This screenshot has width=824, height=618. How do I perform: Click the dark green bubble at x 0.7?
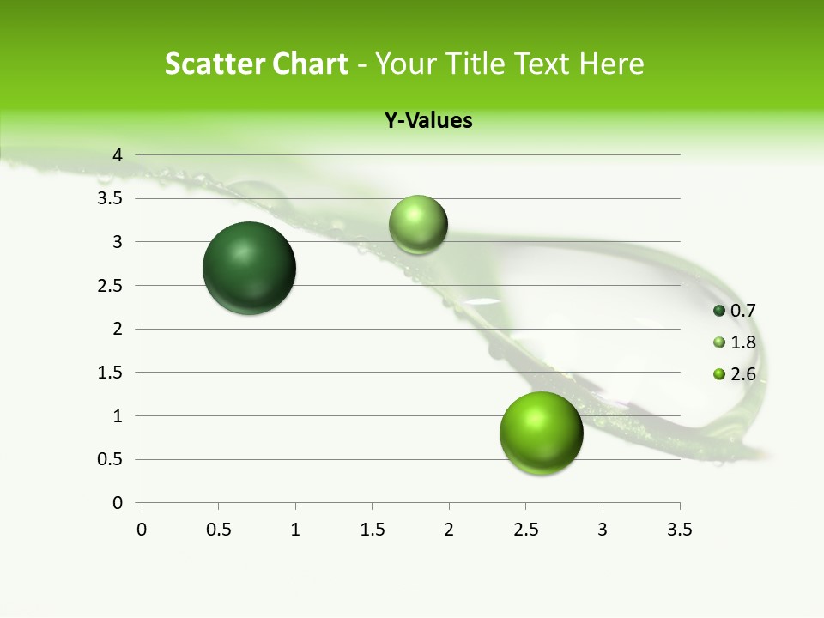click(249, 268)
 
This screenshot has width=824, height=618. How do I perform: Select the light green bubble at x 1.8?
click(418, 225)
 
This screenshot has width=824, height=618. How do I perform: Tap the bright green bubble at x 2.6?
click(541, 433)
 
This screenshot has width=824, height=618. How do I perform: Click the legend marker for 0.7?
click(719, 311)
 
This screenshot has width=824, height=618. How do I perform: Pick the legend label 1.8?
click(742, 342)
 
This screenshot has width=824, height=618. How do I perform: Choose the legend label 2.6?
click(742, 374)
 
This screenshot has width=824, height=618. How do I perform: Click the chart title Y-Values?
click(427, 121)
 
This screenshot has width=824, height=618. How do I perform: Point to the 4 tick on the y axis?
click(118, 155)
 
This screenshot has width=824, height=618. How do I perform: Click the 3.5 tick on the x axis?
click(679, 530)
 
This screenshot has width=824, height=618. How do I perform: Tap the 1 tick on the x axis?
click(295, 530)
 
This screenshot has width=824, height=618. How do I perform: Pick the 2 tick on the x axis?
click(449, 530)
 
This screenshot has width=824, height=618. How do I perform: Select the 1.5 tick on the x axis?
click(372, 530)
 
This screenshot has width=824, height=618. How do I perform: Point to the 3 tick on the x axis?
click(603, 530)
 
